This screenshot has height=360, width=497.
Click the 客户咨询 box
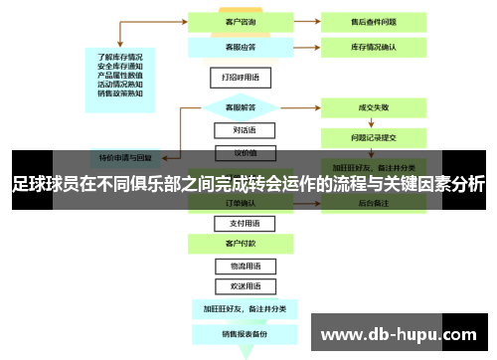236,19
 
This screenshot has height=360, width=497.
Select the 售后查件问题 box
375,19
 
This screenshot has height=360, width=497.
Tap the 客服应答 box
236,46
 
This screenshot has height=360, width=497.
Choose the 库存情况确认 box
375,46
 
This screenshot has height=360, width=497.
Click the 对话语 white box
236,129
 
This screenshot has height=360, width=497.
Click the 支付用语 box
236,224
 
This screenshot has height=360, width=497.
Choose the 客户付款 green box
236,243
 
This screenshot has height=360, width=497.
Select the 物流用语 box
236,267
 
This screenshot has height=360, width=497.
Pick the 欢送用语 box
236,285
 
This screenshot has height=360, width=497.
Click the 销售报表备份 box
236,334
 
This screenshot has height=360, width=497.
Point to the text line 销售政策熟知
120,94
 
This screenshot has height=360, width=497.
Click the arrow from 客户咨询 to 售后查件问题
299,19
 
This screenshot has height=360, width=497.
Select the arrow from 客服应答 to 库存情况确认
299,46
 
